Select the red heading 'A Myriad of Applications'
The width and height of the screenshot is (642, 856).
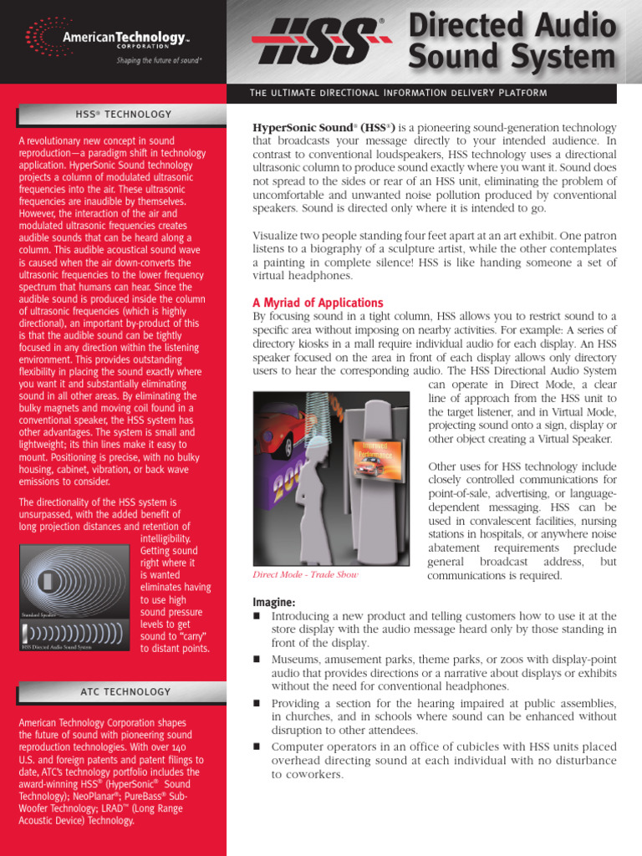click(x=318, y=303)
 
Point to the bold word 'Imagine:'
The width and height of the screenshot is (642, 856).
click(x=273, y=603)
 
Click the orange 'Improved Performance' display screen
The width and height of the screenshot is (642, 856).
click(x=374, y=461)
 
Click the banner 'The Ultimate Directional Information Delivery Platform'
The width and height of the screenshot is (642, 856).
click(x=399, y=93)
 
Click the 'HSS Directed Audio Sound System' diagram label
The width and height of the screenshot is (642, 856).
click(x=58, y=646)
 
